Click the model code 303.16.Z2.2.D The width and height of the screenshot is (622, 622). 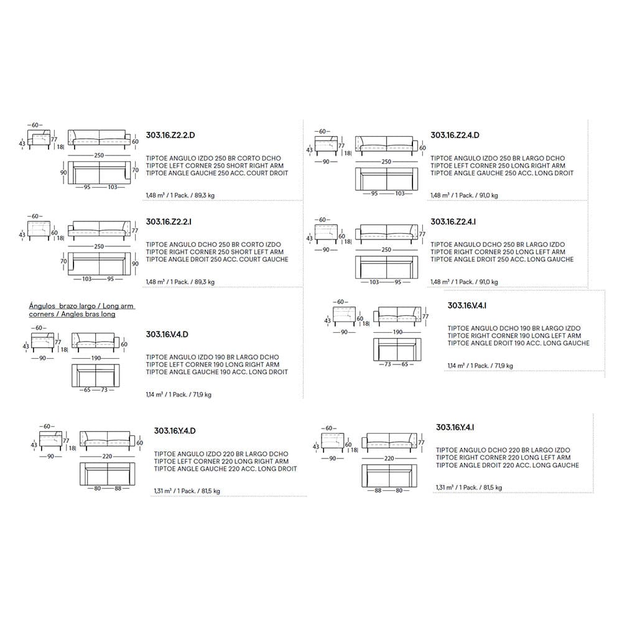click(170, 134)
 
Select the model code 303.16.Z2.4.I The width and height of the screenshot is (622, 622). click(455, 221)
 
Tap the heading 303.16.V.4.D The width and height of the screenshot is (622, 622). click(167, 334)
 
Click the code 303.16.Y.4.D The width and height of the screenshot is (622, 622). click(175, 430)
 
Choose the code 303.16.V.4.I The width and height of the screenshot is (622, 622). click(466, 305)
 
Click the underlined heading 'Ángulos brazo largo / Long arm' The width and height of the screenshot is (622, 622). click(81, 306)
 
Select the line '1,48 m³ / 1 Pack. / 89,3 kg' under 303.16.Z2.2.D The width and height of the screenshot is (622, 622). click(180, 195)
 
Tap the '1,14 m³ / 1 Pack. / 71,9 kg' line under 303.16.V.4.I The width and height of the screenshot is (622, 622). click(480, 366)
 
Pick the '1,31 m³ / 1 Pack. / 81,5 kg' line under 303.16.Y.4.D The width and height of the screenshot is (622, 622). click(187, 491)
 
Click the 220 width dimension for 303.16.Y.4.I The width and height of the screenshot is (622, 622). click(389, 458)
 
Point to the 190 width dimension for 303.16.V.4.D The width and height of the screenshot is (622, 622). click(95, 359)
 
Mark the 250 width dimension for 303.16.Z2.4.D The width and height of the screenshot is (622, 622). click(386, 162)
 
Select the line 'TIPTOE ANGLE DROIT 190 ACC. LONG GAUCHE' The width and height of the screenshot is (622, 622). click(518, 343)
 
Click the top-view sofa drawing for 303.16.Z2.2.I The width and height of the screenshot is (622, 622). click(99, 264)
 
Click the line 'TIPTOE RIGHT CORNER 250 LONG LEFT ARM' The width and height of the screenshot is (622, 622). click(498, 252)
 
